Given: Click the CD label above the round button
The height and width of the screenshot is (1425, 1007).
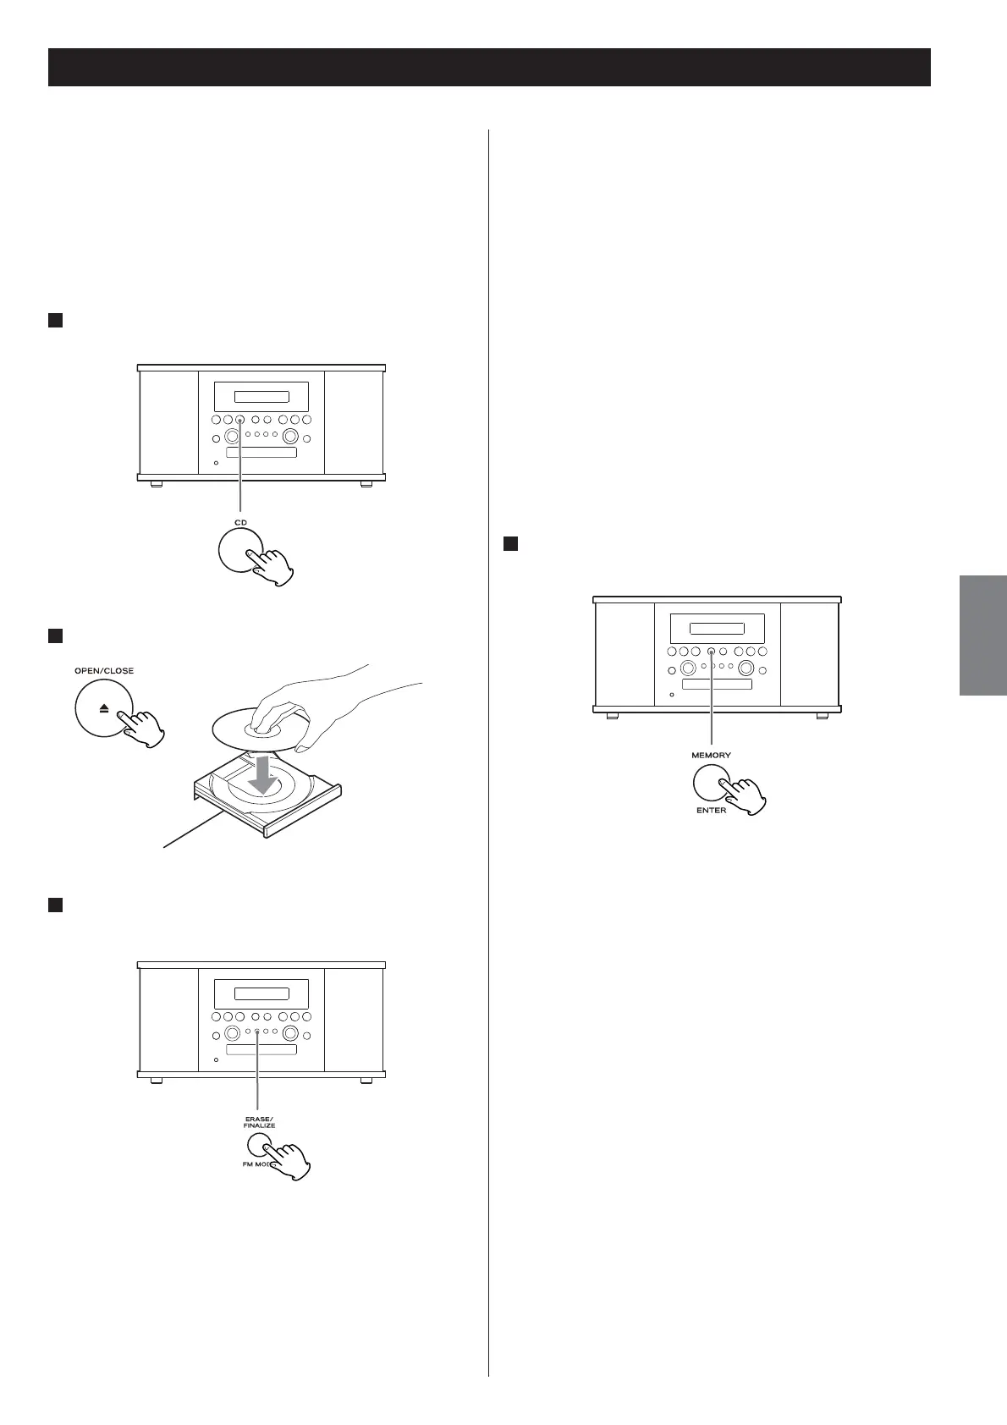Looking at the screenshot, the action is tap(241, 523).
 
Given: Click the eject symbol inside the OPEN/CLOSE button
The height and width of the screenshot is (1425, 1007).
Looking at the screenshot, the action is tap(103, 707).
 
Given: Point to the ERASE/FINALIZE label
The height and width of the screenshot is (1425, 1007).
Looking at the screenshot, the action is tap(260, 1122).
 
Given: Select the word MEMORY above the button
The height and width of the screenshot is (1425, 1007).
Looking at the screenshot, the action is tap(711, 755).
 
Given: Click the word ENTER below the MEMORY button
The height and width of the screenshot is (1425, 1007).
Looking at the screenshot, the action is tap(711, 810).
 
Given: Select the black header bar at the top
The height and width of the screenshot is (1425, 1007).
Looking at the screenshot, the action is tap(489, 68).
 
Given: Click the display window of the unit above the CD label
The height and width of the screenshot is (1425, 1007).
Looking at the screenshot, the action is tap(261, 397).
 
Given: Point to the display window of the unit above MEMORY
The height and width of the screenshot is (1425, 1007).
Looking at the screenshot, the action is tap(717, 629).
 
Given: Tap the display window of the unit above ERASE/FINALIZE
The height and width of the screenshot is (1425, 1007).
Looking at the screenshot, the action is tap(261, 994).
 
